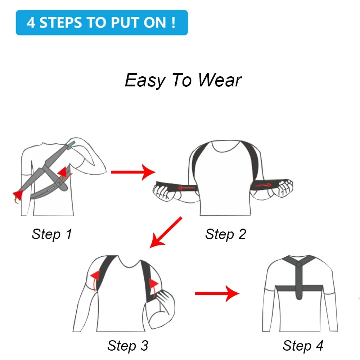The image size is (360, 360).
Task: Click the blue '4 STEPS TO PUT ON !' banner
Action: pos(102,23)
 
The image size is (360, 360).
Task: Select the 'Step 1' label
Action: pos(52,234)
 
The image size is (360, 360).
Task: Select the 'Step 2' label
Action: pos(226,234)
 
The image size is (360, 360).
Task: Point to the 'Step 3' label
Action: pos(127,346)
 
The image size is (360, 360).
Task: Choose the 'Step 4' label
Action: pos(303,346)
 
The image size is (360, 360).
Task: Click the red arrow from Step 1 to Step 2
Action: pos(133,172)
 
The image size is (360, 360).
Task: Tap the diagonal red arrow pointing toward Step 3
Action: pos(166,232)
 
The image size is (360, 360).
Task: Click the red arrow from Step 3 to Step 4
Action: pos(217,294)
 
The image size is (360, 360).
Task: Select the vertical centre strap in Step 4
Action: pos(298,284)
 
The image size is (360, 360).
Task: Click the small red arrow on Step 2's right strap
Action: pos(264,185)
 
